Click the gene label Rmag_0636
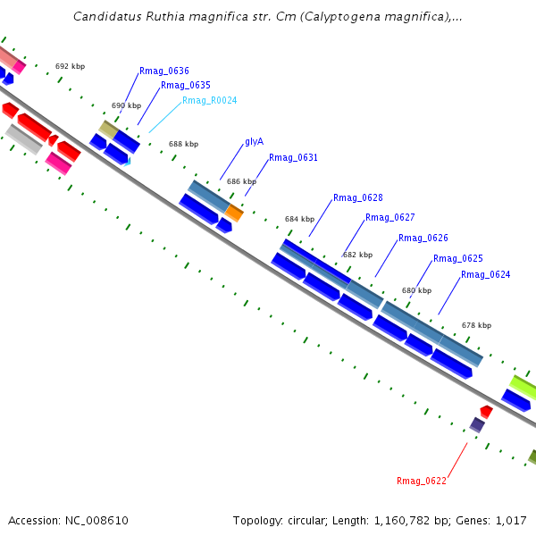(x=163, y=71)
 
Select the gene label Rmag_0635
(x=186, y=86)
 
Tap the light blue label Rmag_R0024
(x=209, y=101)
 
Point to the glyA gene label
(x=254, y=142)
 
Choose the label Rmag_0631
(x=293, y=158)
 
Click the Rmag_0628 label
(x=357, y=198)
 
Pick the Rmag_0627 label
(x=389, y=218)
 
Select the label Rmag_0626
(x=423, y=239)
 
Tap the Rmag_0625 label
(x=457, y=259)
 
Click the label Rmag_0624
(x=485, y=275)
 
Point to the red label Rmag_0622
(x=421, y=482)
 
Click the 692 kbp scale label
(x=70, y=66)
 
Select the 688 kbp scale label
(x=183, y=144)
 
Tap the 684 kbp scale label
(x=299, y=219)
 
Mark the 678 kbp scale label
(x=476, y=326)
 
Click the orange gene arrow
(x=234, y=213)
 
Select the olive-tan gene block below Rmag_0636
(x=109, y=130)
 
